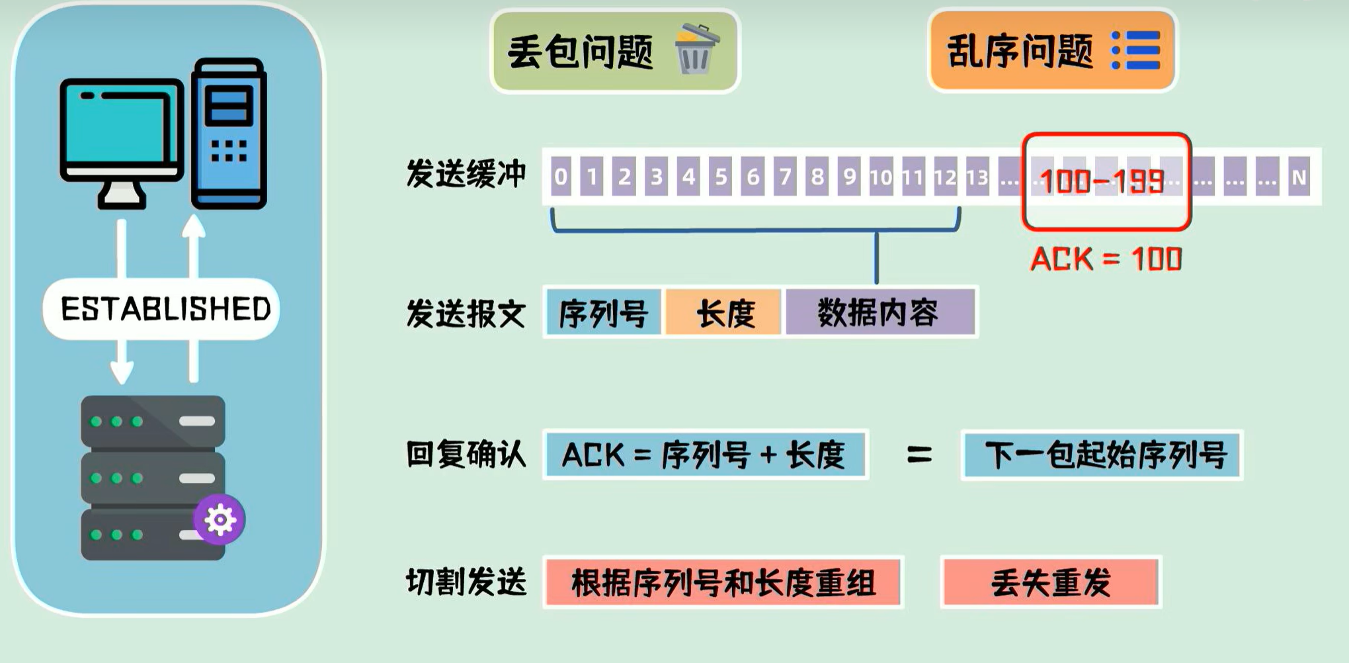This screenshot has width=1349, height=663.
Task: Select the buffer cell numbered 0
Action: pyautogui.click(x=560, y=177)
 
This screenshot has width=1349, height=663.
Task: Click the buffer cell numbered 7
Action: pyautogui.click(x=785, y=177)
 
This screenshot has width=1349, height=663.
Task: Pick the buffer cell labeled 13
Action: pyautogui.click(x=977, y=177)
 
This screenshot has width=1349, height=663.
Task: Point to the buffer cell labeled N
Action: pyautogui.click(x=1299, y=177)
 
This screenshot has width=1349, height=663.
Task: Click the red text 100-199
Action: pyautogui.click(x=1102, y=181)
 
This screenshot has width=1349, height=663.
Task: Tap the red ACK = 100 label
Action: pyautogui.click(x=1106, y=259)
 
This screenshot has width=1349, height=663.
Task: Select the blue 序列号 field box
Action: pyautogui.click(x=603, y=313)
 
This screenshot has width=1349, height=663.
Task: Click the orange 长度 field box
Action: pyautogui.click(x=725, y=313)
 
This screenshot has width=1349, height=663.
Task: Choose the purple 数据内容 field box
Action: pyautogui.click(x=878, y=313)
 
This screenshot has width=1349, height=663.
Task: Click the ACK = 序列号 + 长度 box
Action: pyautogui.click(x=705, y=455)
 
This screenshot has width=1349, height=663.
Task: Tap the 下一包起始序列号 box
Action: pyautogui.click(x=1102, y=455)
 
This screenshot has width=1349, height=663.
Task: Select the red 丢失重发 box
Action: pyautogui.click(x=1050, y=582)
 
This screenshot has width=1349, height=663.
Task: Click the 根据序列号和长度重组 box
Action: pyautogui.click(x=723, y=582)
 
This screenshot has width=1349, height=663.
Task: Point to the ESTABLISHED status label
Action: pyautogui.click(x=165, y=309)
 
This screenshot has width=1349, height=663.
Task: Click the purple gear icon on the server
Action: pyautogui.click(x=220, y=519)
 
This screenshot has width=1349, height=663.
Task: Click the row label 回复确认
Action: pyautogui.click(x=466, y=455)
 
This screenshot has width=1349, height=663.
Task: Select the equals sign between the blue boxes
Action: pyautogui.click(x=919, y=455)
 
